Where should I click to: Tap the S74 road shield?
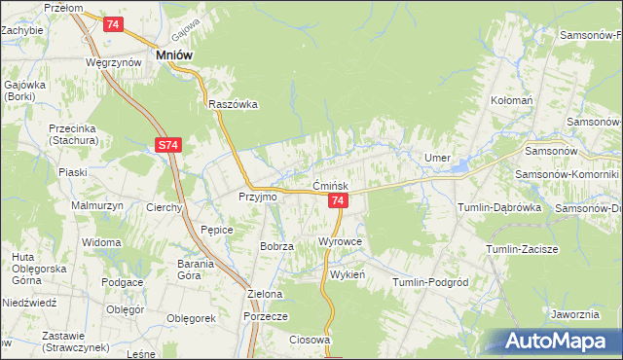tap(167, 146)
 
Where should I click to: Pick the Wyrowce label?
tap(340, 239)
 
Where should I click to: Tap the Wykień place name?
tap(347, 274)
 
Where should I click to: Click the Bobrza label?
tap(276, 246)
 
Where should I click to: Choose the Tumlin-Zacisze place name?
tap(522, 249)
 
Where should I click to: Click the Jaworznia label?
tap(573, 314)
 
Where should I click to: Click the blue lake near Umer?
tap(458, 166)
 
